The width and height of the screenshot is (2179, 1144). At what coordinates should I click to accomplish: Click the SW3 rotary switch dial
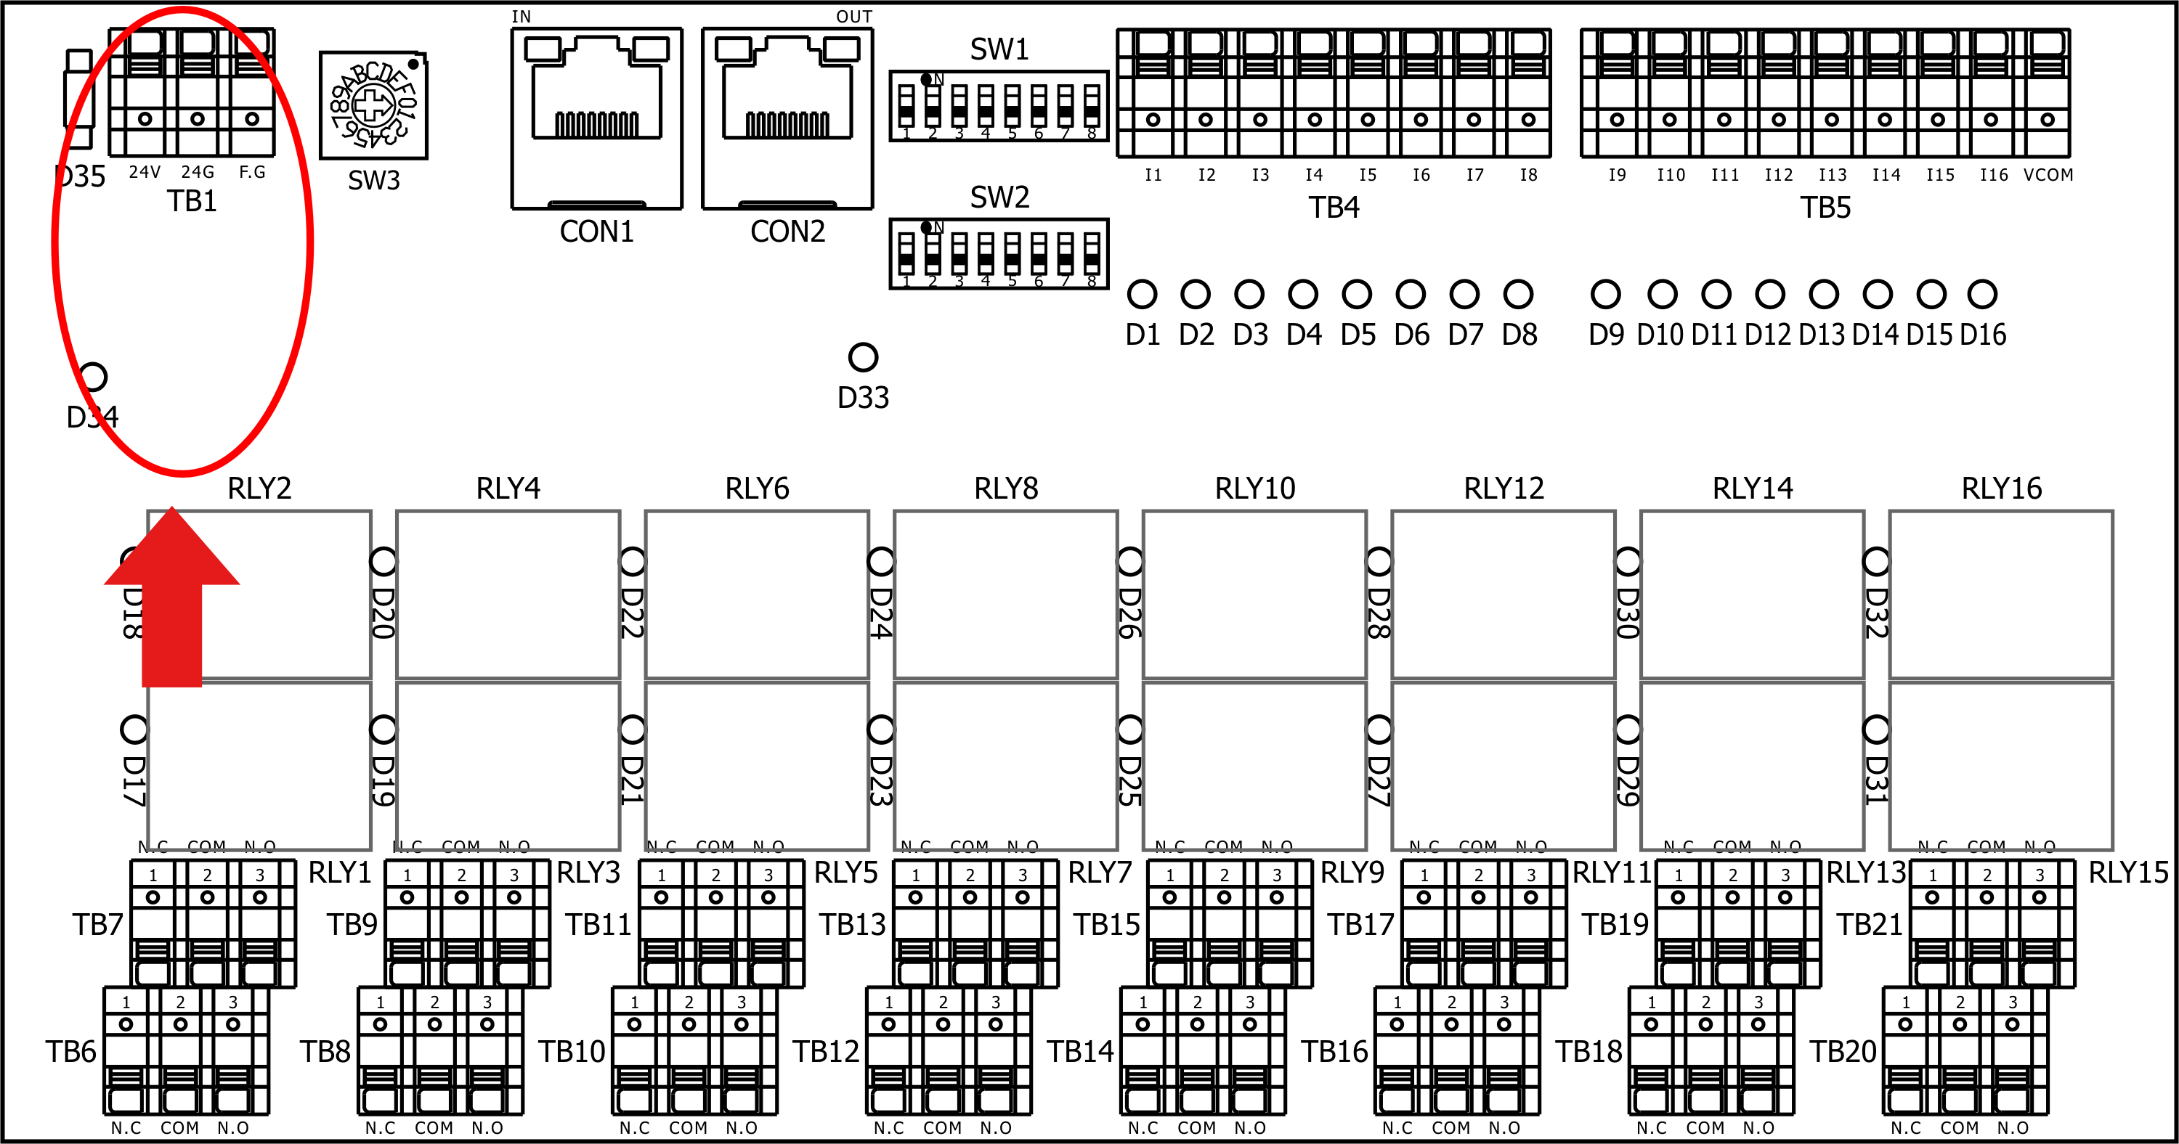click(x=372, y=105)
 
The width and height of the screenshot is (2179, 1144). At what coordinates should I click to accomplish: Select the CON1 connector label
click(x=596, y=231)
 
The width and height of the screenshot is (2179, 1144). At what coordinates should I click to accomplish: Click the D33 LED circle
click(x=863, y=357)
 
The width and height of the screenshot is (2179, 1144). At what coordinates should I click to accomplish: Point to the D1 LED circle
click(x=1142, y=294)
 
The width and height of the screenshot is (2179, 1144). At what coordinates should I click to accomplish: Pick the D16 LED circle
click(x=1982, y=294)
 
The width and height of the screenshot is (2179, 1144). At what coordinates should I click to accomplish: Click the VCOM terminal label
click(x=2048, y=175)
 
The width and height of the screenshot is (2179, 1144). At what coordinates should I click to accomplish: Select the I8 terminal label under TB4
click(x=1527, y=175)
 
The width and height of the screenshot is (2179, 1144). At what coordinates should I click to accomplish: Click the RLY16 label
click(x=2001, y=488)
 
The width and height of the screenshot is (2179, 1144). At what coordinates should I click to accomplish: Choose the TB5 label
click(x=1825, y=207)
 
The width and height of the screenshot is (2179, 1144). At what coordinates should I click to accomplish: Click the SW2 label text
click(x=999, y=197)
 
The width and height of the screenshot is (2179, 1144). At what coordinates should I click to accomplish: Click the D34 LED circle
click(x=92, y=376)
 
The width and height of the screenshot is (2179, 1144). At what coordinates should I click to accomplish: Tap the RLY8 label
click(x=1006, y=488)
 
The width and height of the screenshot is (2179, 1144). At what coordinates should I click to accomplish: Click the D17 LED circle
click(x=134, y=729)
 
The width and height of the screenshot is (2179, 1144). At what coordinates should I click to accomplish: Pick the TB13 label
click(x=852, y=924)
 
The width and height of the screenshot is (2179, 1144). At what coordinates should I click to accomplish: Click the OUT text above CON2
click(x=853, y=17)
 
